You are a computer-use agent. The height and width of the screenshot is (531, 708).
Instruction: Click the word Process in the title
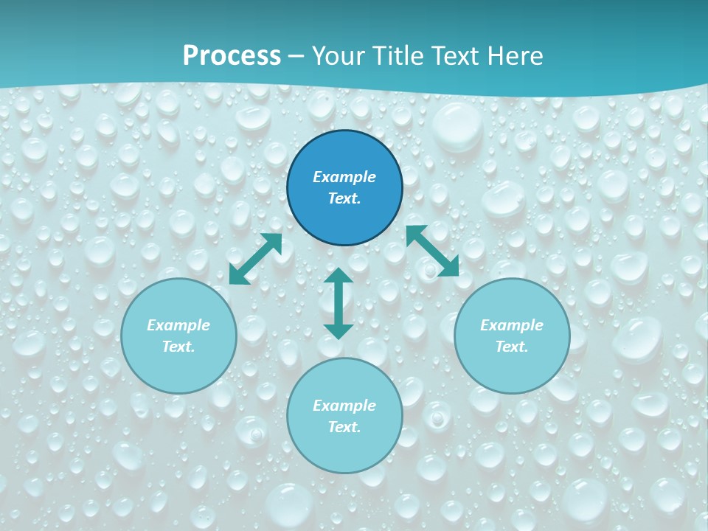pos(232,56)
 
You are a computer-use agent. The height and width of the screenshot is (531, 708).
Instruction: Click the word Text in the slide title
pos(456,56)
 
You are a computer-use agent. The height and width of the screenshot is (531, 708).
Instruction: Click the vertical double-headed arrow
pos(339,303)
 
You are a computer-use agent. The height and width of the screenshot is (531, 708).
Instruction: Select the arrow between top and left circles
pos(256,259)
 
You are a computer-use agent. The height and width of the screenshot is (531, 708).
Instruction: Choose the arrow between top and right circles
pos(432,251)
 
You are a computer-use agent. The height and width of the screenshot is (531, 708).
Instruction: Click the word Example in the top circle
pos(344,177)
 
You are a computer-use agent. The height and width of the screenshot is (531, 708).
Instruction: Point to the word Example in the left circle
pos(178,325)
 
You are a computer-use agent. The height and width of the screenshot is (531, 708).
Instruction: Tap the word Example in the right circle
pos(512,325)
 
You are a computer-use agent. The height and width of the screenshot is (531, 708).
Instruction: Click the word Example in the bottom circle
pos(344,406)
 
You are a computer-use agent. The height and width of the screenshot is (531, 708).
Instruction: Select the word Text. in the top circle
pos(344,198)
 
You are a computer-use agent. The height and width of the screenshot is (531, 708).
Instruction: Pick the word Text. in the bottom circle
pos(344,427)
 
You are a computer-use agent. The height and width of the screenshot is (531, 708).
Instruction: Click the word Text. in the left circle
pos(178,347)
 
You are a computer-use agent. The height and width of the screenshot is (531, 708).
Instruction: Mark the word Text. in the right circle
pos(512,347)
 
